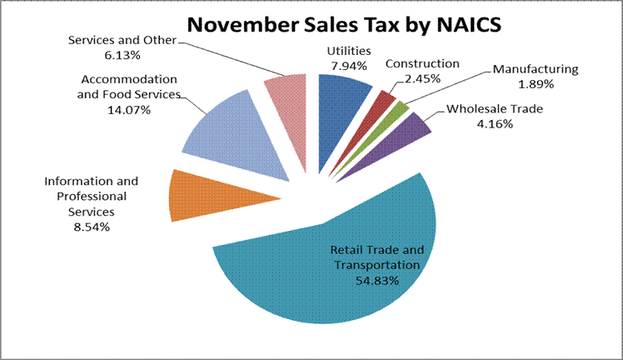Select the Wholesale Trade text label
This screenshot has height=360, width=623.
click(488, 109)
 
